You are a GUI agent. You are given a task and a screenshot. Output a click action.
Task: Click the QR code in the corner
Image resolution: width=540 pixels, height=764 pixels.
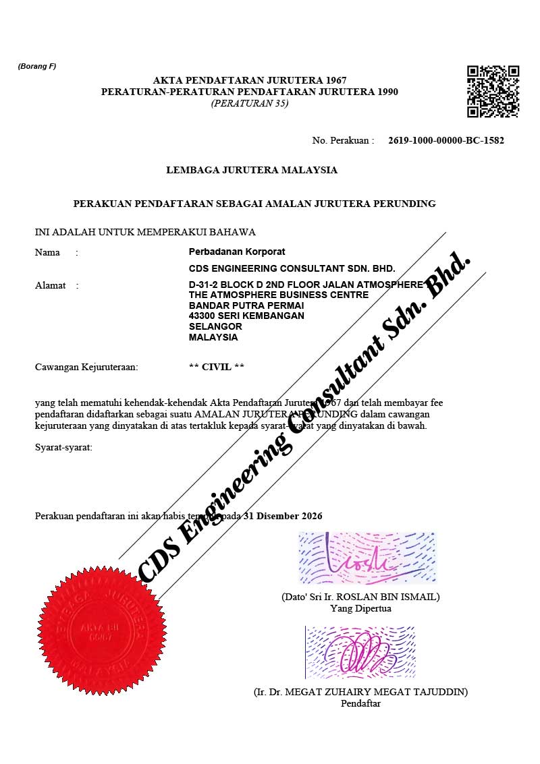point(493,91)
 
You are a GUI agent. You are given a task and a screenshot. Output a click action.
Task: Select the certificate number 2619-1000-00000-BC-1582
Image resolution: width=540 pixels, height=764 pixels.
point(446,140)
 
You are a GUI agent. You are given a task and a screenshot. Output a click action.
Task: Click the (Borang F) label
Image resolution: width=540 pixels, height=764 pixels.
point(36,66)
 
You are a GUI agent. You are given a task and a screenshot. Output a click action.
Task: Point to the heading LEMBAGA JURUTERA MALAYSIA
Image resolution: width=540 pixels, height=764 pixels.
point(252,170)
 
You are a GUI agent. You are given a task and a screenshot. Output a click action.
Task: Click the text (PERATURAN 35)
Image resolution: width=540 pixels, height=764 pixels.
point(250,103)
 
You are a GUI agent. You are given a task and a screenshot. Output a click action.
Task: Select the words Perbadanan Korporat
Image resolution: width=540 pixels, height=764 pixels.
point(237,252)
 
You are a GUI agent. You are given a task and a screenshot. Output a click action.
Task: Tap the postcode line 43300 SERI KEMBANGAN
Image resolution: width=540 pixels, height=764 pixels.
point(246,316)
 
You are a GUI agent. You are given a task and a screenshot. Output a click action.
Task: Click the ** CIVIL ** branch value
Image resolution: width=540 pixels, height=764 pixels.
point(217,367)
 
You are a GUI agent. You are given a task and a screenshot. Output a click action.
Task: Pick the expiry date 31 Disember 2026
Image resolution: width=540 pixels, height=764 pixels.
point(283,516)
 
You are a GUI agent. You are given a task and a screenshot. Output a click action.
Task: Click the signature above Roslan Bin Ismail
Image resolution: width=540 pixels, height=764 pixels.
point(367,558)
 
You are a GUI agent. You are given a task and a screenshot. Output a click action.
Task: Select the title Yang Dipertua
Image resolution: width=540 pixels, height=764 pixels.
point(360,608)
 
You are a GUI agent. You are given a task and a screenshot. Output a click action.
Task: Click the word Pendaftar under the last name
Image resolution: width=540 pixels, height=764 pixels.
point(361,703)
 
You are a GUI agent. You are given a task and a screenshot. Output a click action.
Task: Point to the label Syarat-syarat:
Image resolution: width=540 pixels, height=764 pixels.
point(63,448)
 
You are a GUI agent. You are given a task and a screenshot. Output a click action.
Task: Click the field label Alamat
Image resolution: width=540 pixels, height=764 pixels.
point(51,285)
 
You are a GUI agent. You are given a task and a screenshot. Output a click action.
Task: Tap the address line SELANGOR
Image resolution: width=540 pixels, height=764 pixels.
point(215,326)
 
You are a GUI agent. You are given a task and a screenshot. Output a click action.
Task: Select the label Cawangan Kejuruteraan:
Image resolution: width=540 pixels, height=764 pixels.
point(86,367)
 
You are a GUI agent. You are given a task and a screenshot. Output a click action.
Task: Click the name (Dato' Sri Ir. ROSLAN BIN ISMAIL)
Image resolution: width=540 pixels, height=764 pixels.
point(360,597)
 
